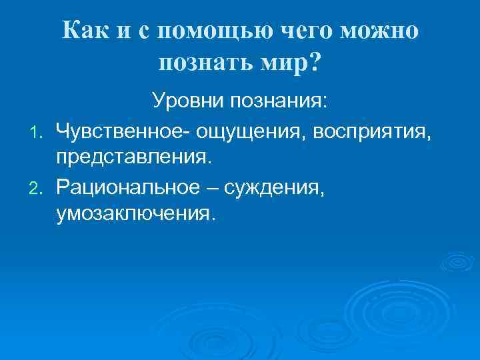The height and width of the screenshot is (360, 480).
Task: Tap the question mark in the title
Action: point(314,63)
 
